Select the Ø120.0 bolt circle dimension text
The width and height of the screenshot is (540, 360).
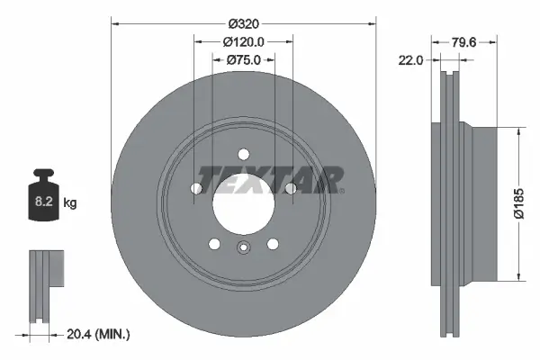(x=243, y=40)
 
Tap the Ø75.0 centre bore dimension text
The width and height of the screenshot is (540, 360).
(x=243, y=59)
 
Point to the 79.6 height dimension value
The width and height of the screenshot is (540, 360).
(x=463, y=41)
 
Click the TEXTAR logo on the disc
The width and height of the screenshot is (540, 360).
(x=270, y=180)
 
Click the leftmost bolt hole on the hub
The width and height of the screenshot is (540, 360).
(x=196, y=188)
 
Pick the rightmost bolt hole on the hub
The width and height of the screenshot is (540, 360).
(x=290, y=188)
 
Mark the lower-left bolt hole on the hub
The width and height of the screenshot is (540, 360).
(x=214, y=243)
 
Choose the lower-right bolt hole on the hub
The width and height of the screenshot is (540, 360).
(x=272, y=243)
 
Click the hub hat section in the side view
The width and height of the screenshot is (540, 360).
(x=482, y=204)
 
